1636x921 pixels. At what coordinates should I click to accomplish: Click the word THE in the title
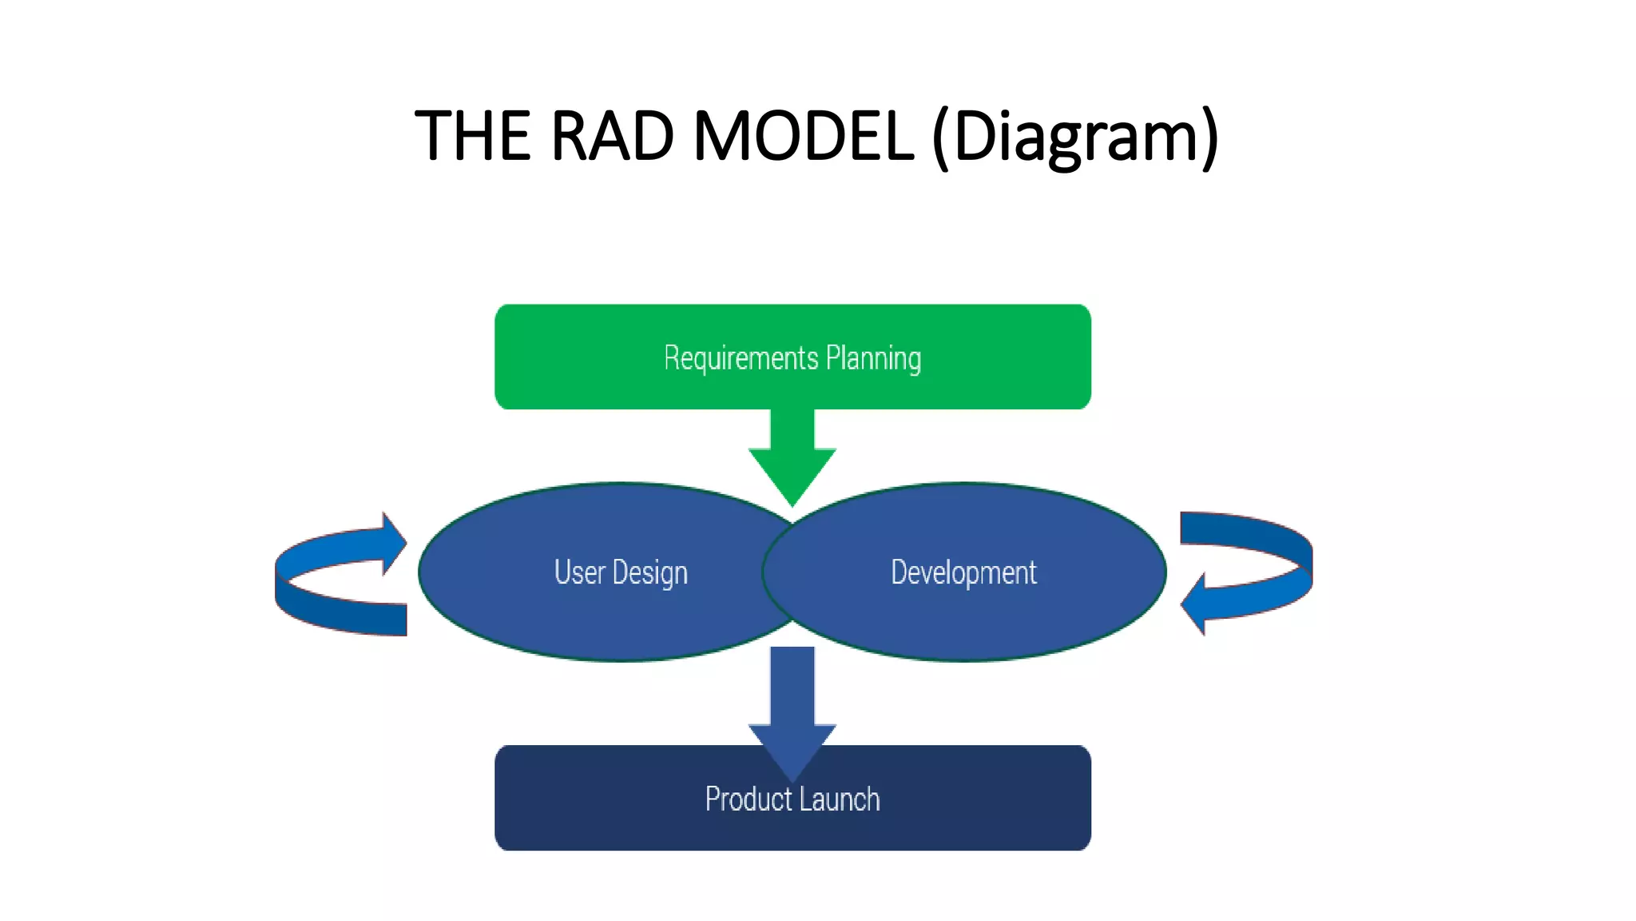tap(472, 136)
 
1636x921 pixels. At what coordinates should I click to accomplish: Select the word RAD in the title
tap(611, 136)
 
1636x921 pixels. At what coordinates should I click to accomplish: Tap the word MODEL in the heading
tap(803, 136)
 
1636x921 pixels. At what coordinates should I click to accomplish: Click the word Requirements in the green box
tap(741, 358)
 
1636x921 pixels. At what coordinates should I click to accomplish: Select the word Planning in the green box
tap(873, 358)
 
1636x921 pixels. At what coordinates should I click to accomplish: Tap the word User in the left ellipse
tap(579, 572)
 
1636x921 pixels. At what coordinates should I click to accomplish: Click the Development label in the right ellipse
tap(963, 572)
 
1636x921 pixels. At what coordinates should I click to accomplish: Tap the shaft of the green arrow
tap(792, 429)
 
